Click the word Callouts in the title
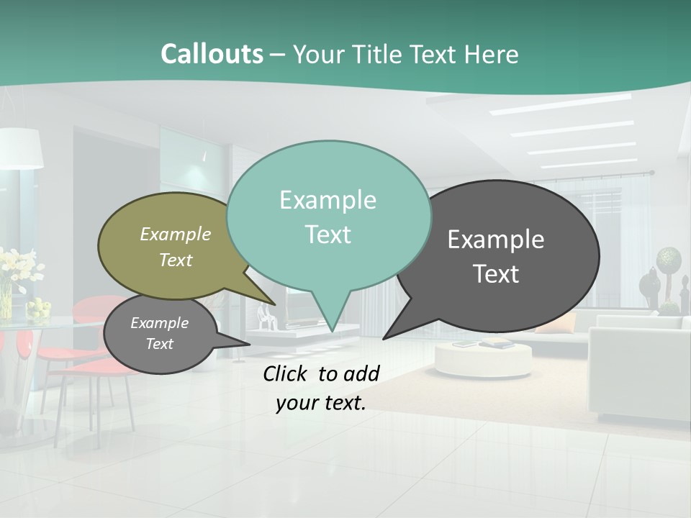212,54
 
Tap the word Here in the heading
492,55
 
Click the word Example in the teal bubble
328,200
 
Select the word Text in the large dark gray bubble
497,274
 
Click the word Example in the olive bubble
176,235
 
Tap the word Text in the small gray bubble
160,344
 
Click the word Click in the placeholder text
287,373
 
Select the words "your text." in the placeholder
321,403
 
